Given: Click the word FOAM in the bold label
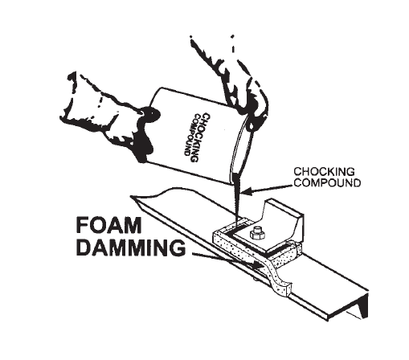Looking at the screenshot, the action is pyautogui.click(x=108, y=226).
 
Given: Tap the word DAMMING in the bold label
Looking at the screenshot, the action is pyautogui.click(x=131, y=247).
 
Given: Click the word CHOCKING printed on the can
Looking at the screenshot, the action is pyautogui.click(x=202, y=138).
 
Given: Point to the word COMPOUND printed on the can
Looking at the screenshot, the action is pyautogui.click(x=192, y=135).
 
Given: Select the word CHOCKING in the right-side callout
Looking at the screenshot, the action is pyautogui.click(x=324, y=171).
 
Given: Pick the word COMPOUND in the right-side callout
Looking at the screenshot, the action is pyautogui.click(x=327, y=182).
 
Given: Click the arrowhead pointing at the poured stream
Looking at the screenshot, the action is pyautogui.click(x=247, y=191).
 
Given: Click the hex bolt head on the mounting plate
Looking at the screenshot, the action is pyautogui.click(x=257, y=233).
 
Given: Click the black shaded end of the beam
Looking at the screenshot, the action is pyautogui.click(x=363, y=305).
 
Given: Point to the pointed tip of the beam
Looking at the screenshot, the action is pyautogui.click(x=131, y=197).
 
